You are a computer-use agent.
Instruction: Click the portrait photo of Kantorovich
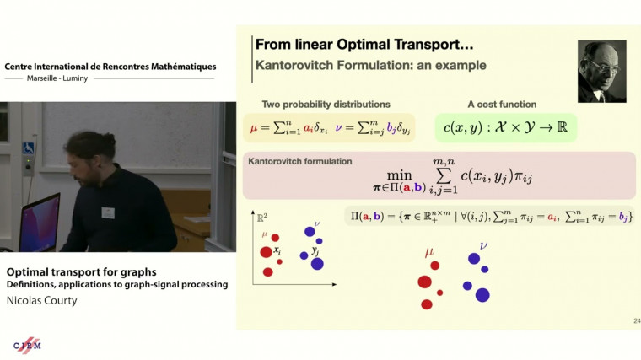(601, 71)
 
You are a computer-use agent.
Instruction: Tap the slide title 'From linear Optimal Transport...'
(356, 44)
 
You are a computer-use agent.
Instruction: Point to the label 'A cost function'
(502, 105)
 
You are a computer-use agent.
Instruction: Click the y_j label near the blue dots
(315, 250)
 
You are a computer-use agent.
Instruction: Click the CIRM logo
(28, 345)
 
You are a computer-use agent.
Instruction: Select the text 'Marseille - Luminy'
(109, 78)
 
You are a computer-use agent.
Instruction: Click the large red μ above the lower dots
(431, 250)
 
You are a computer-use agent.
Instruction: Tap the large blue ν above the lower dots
(483, 245)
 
